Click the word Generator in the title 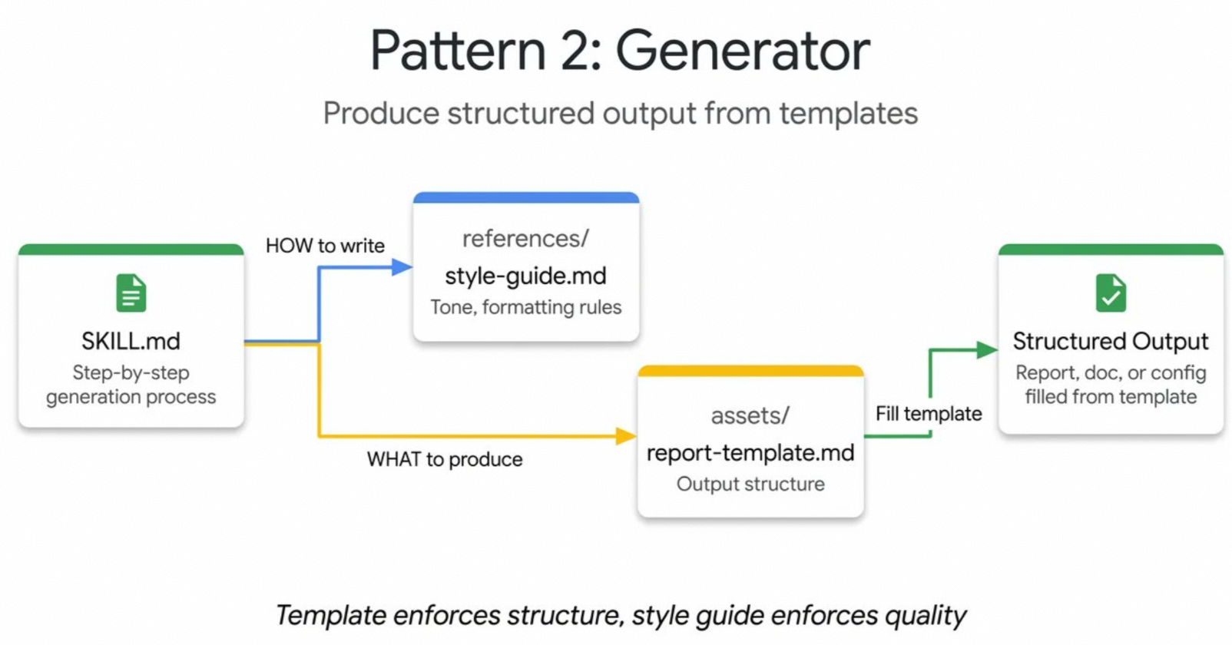coord(743,51)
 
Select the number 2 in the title coord(575,51)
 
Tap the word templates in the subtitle coord(848,114)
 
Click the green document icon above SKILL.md coord(131,293)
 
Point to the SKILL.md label coord(131,342)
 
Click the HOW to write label coord(325,246)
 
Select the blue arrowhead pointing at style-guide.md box coord(402,268)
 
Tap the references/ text coord(526,239)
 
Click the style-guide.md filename coord(526,276)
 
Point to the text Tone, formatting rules coord(526,307)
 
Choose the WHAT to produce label coord(445,459)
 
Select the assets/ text coord(750,415)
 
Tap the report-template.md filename coord(750,453)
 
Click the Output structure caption coord(750,484)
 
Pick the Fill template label coord(929,414)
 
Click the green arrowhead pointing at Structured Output coord(987,349)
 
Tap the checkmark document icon coord(1111,293)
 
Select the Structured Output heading coord(1111,342)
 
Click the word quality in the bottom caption coord(925,616)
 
